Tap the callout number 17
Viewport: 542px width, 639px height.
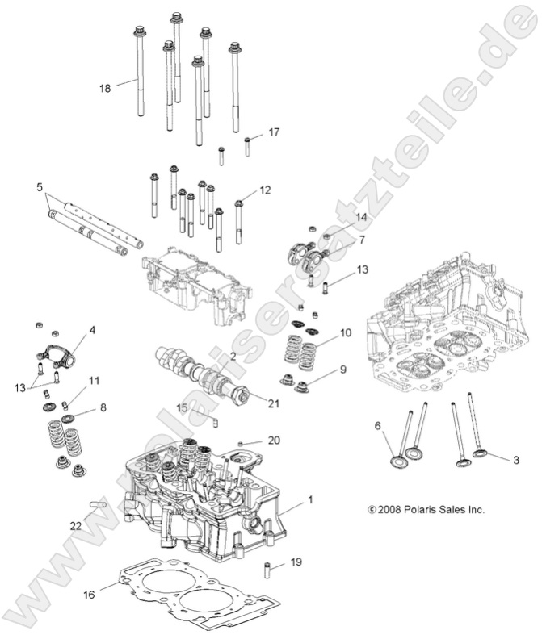[274, 132]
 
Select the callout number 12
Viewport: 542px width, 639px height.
[264, 191]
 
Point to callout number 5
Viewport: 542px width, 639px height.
[40, 187]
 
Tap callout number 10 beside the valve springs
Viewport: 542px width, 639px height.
[345, 332]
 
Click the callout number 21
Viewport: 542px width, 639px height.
[273, 403]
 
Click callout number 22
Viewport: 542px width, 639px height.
[76, 525]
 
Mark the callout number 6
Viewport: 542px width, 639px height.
[376, 425]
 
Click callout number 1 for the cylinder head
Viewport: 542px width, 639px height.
[309, 499]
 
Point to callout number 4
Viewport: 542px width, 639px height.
[92, 330]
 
